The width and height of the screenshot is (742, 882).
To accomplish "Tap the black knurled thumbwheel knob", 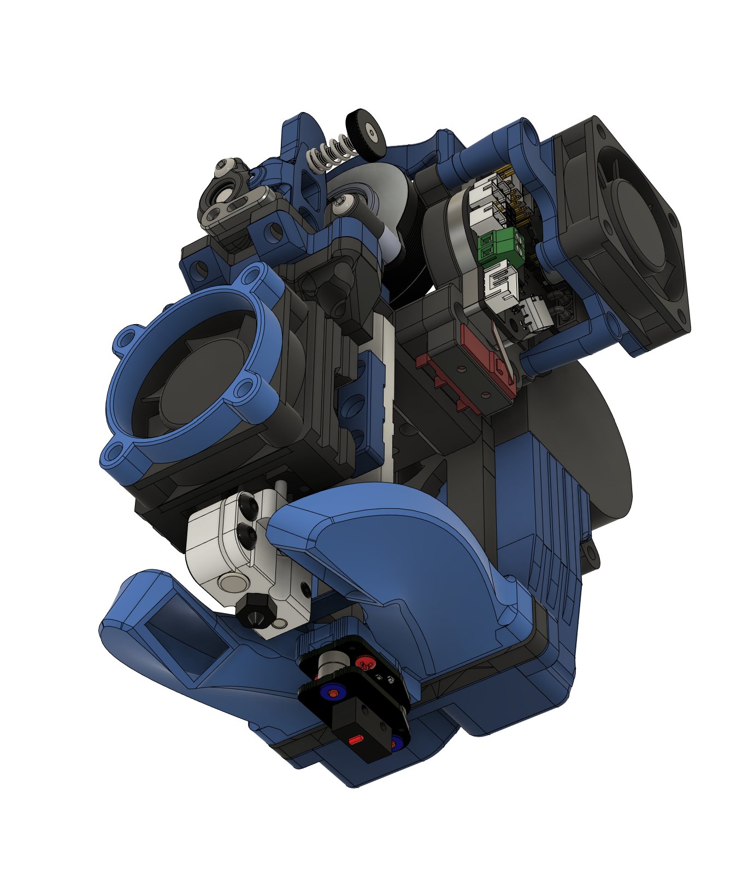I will click(367, 131).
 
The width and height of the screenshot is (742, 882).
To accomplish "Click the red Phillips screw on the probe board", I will click(363, 663).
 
